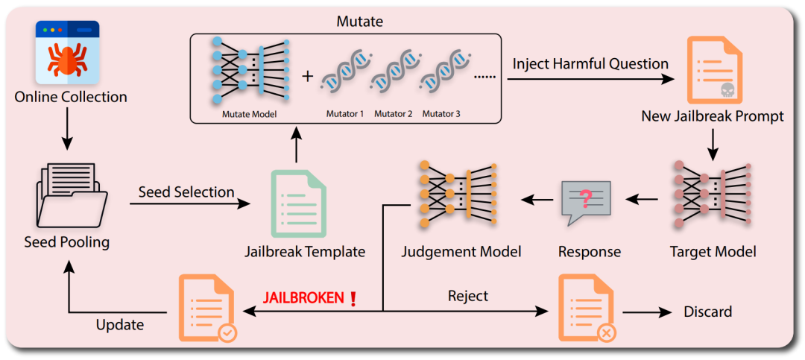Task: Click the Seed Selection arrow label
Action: coord(186,192)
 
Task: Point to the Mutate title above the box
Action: coord(360,22)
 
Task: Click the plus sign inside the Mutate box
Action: coord(307,77)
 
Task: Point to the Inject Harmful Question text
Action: coord(590,63)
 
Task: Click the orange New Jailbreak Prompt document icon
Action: coord(713,71)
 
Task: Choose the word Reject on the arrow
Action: coord(468,296)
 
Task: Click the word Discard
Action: coord(707,312)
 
